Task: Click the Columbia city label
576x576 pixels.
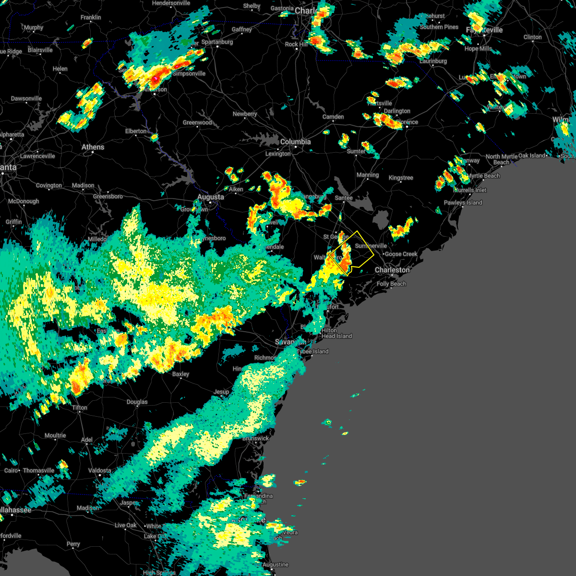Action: click(x=295, y=142)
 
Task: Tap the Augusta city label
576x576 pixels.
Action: click(x=211, y=197)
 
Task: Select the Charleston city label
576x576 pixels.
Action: click(x=392, y=270)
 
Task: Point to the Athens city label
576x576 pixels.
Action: click(x=93, y=147)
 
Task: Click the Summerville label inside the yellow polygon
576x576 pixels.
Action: click(x=371, y=246)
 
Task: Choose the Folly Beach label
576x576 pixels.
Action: click(x=391, y=284)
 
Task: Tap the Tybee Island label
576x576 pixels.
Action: click(x=312, y=352)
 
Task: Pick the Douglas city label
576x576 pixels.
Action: click(x=137, y=402)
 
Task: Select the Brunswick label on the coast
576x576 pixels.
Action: click(x=255, y=439)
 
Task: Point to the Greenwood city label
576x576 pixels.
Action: click(x=197, y=123)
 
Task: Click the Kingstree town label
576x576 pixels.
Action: click(x=401, y=178)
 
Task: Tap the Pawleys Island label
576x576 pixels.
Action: click(x=463, y=203)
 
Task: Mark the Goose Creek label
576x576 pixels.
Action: click(x=401, y=254)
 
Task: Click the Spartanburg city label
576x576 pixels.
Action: click(x=217, y=42)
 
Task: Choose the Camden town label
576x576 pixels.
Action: click(x=333, y=117)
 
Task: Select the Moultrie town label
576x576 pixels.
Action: click(x=55, y=436)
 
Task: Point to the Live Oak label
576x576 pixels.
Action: click(x=126, y=526)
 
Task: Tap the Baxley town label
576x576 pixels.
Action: click(x=181, y=374)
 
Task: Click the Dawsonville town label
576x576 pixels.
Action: click(x=26, y=99)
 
